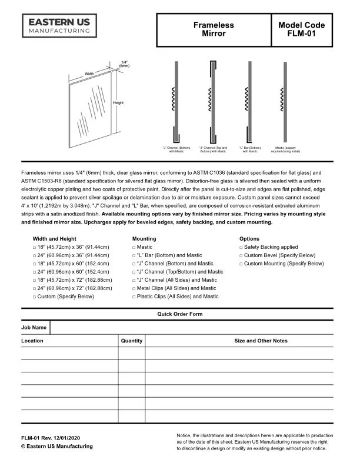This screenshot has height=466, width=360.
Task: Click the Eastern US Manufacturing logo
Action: (59, 26)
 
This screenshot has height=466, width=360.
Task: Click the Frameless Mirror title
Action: (213, 29)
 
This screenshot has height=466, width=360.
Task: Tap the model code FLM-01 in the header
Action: (302, 29)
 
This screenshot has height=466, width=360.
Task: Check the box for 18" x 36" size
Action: (35, 248)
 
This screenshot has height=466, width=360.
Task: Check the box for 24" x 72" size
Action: (35, 289)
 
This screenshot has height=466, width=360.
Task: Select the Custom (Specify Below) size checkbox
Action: (35, 297)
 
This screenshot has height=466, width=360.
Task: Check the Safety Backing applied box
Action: (241, 248)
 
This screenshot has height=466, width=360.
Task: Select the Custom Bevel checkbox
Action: (241, 256)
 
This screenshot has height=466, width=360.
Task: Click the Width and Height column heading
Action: (55, 239)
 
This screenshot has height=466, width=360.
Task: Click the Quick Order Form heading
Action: (179, 314)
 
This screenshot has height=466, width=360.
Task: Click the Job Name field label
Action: (34, 327)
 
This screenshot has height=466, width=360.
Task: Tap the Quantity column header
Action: (131, 341)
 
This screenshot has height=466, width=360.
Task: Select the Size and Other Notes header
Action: (261, 341)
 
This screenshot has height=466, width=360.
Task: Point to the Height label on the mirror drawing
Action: (118, 103)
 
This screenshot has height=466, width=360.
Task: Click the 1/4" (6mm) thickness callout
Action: (124, 64)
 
